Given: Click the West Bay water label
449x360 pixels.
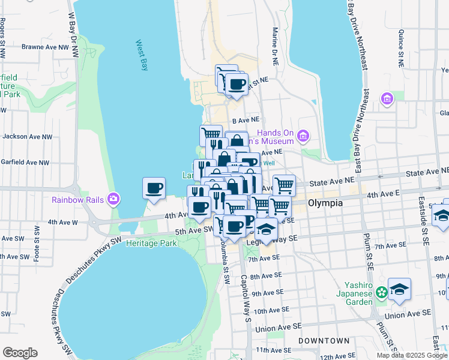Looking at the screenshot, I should pos(142,55).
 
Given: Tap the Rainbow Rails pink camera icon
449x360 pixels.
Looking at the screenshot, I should pos(113,199).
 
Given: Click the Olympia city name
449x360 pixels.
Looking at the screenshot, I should pos(325,203).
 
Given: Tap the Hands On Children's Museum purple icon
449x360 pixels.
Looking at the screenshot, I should pos(303,136).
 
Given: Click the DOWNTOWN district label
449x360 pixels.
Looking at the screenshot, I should pos(324,341).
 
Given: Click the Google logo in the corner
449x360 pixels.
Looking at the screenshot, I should pos(19,353).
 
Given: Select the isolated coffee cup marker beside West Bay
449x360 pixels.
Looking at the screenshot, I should pos(154,188).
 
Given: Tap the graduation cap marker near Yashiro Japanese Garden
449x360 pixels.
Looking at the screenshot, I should pos(399,289).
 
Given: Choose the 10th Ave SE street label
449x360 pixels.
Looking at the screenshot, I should pos(273,311).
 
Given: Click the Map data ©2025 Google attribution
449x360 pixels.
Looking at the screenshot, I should pos(412,355).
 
